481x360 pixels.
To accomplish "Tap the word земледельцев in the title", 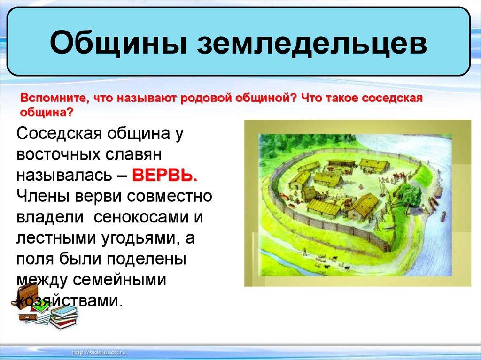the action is [312, 42].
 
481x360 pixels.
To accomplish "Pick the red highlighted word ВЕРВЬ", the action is [165, 176].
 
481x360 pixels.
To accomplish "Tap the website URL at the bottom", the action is [99, 352].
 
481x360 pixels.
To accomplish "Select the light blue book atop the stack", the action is [64, 311].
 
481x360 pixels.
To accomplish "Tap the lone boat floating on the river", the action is [443, 216].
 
